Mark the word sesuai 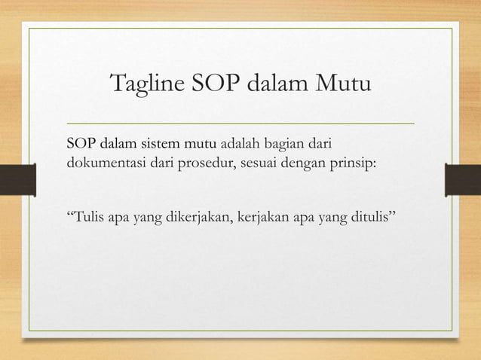[x=260, y=163]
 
